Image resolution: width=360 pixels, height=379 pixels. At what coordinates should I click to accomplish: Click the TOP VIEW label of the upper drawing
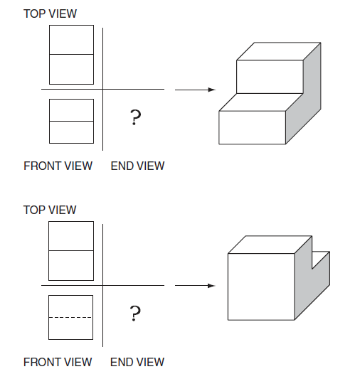(x=50, y=14)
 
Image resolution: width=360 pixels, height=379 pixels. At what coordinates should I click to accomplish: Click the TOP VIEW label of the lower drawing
(x=50, y=210)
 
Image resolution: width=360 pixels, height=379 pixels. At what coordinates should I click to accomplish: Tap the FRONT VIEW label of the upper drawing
(x=58, y=166)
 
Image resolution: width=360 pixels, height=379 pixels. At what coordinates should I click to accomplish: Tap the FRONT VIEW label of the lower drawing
(x=58, y=363)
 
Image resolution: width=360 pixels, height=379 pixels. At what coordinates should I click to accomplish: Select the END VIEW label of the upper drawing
(x=137, y=166)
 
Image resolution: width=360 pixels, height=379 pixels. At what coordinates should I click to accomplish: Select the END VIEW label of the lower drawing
(x=137, y=363)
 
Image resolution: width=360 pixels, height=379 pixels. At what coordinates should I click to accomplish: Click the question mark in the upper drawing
(x=135, y=117)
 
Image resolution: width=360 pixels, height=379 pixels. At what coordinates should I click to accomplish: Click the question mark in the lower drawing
(x=135, y=314)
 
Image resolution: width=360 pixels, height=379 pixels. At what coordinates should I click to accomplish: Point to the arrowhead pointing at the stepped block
(x=211, y=90)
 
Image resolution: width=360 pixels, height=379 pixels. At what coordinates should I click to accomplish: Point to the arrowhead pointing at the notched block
(x=211, y=286)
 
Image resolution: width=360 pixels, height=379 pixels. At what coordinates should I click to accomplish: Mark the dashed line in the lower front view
(x=70, y=317)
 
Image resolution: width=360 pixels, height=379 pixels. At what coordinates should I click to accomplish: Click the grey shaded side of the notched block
(x=311, y=285)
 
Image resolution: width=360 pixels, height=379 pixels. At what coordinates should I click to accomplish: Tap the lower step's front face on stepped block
(x=252, y=127)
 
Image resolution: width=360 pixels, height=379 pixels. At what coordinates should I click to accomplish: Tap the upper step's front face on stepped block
(x=270, y=77)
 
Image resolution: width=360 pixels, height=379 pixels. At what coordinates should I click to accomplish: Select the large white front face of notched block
(x=261, y=287)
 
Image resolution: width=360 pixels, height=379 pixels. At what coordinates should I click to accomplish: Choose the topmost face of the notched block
(x=270, y=245)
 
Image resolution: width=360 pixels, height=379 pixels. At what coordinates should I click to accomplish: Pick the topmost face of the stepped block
(x=279, y=51)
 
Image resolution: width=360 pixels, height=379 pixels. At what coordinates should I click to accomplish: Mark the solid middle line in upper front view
(x=72, y=121)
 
